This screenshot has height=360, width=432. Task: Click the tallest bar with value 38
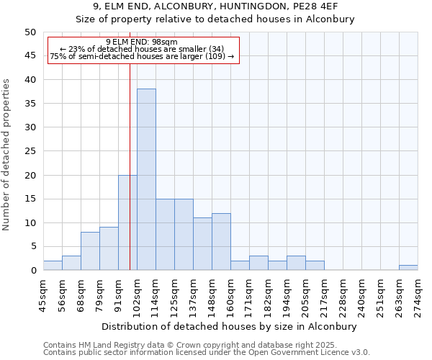[146, 179]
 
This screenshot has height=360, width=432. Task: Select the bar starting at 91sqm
[127, 222]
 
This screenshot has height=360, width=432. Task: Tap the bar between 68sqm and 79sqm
[90, 251]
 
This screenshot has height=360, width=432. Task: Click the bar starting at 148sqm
[221, 242]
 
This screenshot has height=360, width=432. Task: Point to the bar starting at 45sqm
[53, 266]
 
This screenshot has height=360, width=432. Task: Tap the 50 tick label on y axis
[30, 32]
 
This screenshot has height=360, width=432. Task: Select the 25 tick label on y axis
[30, 151]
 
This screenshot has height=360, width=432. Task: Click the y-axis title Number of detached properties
[7, 155]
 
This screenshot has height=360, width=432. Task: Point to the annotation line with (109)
[142, 56]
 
